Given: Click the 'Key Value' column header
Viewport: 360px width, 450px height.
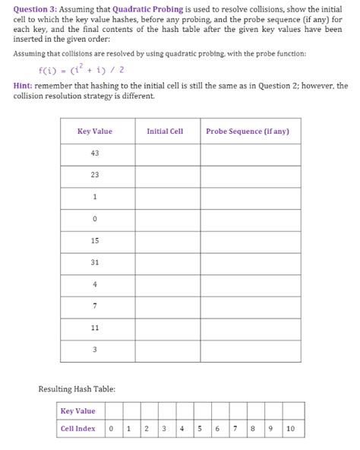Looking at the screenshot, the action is (95, 132).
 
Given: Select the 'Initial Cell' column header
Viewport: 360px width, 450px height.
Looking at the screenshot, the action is (165, 132).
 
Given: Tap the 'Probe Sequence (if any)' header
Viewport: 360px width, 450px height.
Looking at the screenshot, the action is (248, 132).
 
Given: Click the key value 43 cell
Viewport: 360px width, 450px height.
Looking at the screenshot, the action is (95, 154).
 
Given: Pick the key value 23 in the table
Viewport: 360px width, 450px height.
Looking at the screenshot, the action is (95, 176).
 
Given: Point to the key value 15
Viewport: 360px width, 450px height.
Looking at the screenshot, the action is (95, 241).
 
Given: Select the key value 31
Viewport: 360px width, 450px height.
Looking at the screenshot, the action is (95, 263).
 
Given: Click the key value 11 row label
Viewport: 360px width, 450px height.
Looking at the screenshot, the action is (95, 328).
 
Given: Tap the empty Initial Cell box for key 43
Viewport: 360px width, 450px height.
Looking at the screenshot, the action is (168, 154).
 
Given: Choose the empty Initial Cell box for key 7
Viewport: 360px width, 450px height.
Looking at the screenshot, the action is (168, 306).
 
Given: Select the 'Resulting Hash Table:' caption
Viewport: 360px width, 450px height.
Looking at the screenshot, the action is (77, 389).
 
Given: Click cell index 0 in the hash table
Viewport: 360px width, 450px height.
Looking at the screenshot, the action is (111, 429).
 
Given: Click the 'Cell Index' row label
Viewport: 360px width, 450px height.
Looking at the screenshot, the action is (78, 429).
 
